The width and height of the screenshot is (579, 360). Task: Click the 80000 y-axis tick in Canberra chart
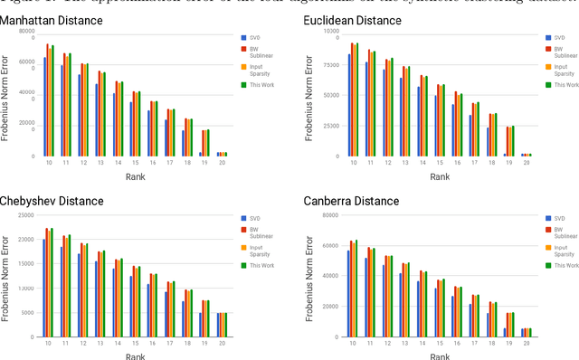point(329,215)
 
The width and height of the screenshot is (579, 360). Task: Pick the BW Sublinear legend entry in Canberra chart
point(564,234)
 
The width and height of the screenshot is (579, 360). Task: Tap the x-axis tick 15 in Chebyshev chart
point(136,345)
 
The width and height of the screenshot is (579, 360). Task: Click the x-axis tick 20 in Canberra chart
point(527,345)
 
